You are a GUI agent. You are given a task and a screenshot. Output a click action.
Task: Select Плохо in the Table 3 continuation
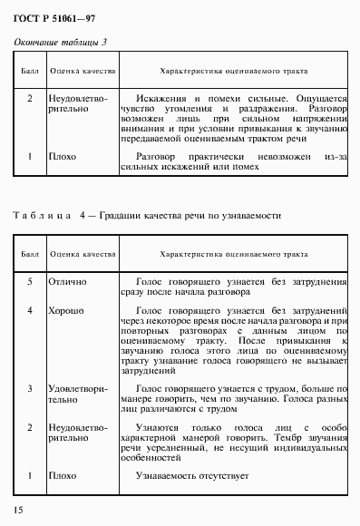[x=63, y=155]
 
